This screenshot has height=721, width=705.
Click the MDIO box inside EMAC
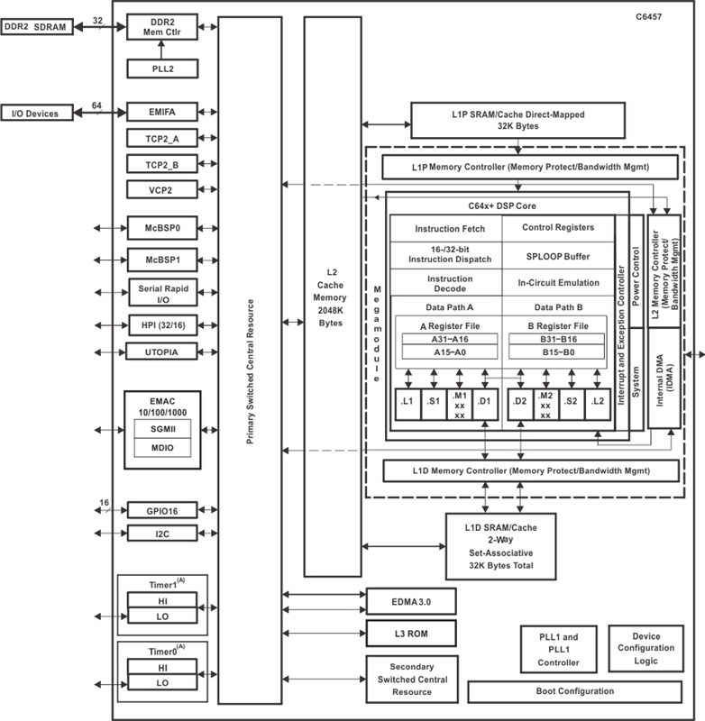coord(162,448)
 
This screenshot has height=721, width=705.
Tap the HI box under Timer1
coord(162,599)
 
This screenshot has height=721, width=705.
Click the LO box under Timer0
coord(162,684)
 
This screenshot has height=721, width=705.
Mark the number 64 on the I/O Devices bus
coord(96,105)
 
